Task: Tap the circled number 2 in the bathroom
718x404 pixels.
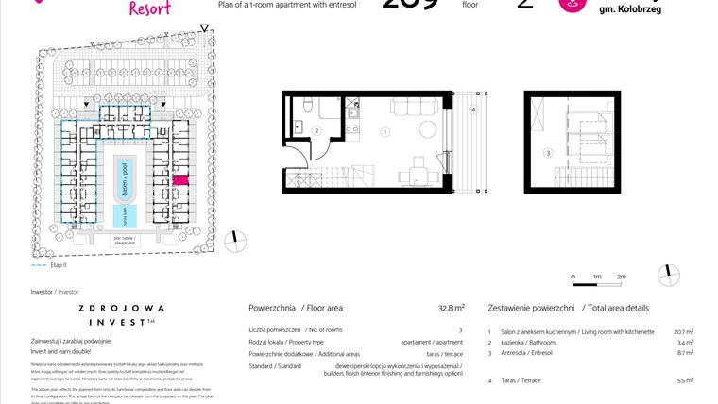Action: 317,130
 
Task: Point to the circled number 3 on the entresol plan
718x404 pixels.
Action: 547,152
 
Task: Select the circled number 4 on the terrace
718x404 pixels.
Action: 472,109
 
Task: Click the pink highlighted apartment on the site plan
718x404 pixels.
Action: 180,179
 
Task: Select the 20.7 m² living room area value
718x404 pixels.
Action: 684,332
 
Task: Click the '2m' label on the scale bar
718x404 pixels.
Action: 621,276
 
